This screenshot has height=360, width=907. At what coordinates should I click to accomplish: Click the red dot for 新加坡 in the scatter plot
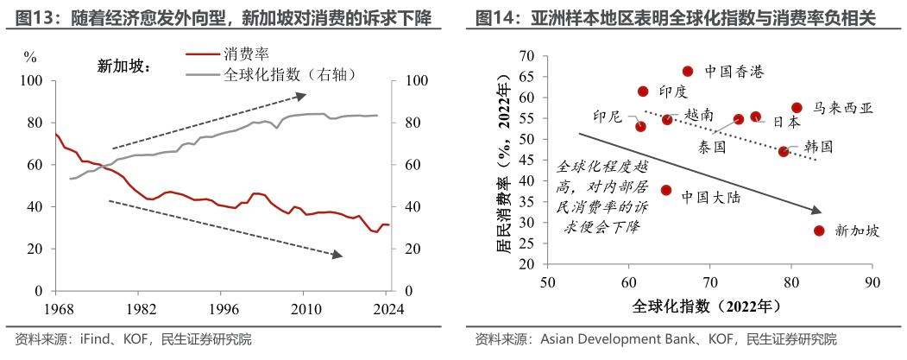tap(819, 231)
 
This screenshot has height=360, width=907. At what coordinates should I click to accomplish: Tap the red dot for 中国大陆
tap(666, 190)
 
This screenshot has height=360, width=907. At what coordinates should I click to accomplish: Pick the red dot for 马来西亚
tap(797, 108)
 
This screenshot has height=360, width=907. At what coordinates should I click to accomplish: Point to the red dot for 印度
tap(643, 92)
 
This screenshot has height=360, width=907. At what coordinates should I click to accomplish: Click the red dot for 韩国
tap(784, 151)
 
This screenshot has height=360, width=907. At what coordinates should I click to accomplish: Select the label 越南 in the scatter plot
tap(698, 114)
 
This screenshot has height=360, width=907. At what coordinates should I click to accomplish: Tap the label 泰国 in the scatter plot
tap(712, 147)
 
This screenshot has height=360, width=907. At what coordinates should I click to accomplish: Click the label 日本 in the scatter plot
tap(785, 123)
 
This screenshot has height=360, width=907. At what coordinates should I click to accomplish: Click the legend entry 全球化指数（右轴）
tap(289, 74)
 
